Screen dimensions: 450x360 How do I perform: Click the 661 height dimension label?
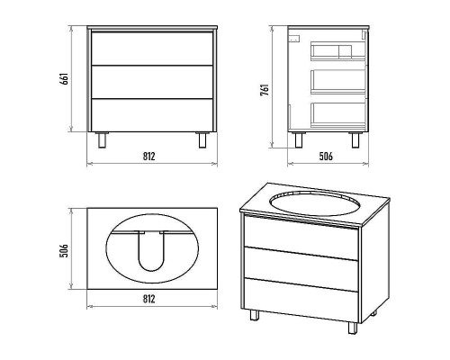tap(65, 79)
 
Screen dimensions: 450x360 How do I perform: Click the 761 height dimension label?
tap(265, 90)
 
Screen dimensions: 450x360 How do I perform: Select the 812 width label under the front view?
tap(149, 157)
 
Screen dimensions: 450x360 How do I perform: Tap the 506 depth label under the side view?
tap(326, 157)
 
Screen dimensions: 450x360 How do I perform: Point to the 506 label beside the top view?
tap(65, 250)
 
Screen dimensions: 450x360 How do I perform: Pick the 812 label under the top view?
tap(149, 299)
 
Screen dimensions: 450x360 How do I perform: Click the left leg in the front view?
tap(102, 140)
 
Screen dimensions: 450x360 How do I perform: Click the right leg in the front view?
tap(202, 140)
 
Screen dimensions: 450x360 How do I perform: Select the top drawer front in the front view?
tap(152, 49)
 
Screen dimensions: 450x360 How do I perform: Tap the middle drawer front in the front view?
tap(152, 82)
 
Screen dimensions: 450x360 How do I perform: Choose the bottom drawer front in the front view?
tap(152, 115)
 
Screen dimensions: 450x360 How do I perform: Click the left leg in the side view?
tap(299, 140)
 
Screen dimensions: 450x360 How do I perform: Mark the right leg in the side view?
tap(355, 140)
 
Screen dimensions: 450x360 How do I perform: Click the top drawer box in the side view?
tap(338, 51)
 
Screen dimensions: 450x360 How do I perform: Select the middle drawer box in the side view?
tap(338, 82)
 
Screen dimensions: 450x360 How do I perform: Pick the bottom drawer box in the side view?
tap(338, 115)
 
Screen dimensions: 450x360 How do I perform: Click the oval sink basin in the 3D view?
tap(315, 202)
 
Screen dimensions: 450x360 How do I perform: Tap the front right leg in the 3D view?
tap(353, 328)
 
